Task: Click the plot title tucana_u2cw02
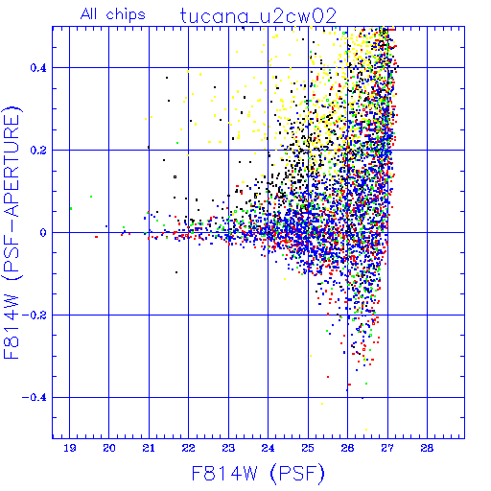point(258,16)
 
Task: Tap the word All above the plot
point(88,14)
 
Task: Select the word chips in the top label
point(126,15)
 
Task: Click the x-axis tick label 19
point(70,448)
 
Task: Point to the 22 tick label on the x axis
point(189,448)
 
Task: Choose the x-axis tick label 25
point(308,448)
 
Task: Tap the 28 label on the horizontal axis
point(427,448)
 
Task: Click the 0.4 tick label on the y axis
point(38,68)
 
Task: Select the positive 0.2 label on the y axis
point(38,151)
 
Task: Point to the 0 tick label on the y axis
point(43,233)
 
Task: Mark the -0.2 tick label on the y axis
point(35,316)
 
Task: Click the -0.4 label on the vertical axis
point(35,398)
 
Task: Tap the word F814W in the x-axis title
point(224,474)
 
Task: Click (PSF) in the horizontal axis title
point(297,474)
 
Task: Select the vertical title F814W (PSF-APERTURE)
point(12,232)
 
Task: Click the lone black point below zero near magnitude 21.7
point(176,272)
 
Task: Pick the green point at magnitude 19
point(71,209)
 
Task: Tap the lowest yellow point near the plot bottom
point(366,430)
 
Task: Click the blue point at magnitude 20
point(106,226)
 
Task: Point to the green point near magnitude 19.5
point(91,197)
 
